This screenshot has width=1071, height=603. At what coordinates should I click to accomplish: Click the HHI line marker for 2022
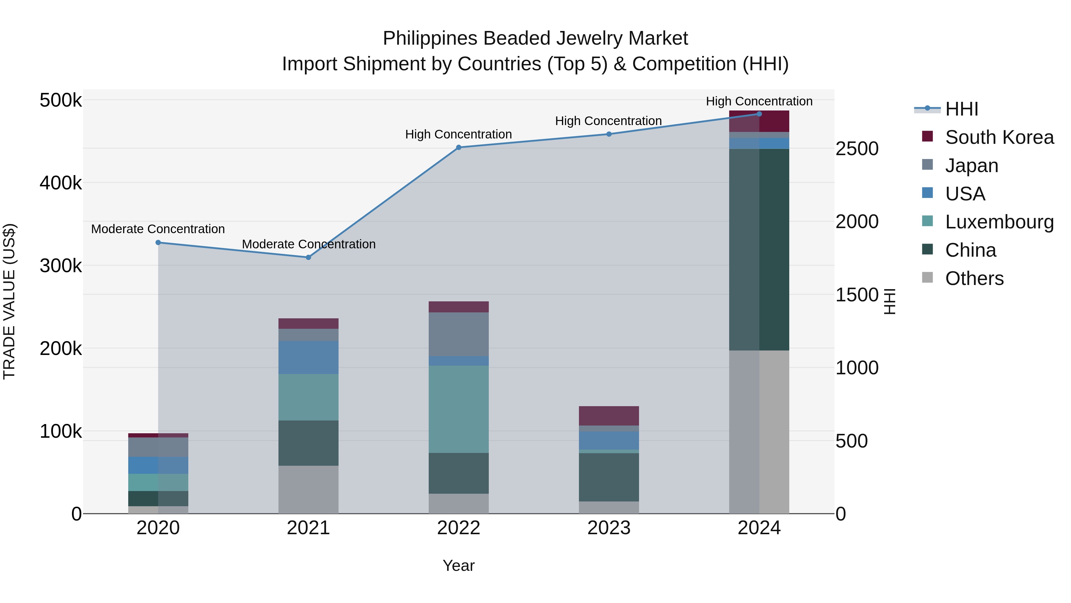click(x=458, y=147)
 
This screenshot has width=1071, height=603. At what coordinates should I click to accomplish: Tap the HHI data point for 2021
click(x=309, y=257)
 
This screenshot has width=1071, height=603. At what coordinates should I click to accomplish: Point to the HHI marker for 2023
click(x=609, y=134)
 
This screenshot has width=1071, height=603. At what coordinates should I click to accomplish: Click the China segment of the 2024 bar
click(x=759, y=250)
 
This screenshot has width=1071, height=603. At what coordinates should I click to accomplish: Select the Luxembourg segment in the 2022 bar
click(x=458, y=409)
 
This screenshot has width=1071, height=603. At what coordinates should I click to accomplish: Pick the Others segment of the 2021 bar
click(x=309, y=489)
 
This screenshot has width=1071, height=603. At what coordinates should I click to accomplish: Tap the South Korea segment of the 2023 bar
click(x=609, y=416)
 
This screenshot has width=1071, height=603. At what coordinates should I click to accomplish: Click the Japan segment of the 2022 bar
click(x=458, y=334)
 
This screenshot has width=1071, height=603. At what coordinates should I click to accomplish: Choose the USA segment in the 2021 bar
click(x=309, y=357)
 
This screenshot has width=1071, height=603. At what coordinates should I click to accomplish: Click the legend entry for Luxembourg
click(x=999, y=222)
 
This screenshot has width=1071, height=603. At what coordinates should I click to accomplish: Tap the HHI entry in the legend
click(x=962, y=109)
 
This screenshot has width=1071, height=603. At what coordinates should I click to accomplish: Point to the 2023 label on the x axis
click(x=609, y=528)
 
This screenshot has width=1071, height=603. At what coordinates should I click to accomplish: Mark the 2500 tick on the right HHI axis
click(x=857, y=149)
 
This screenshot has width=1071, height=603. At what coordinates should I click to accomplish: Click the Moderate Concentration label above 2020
click(x=158, y=229)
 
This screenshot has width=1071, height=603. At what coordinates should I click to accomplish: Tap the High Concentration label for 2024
click(x=759, y=101)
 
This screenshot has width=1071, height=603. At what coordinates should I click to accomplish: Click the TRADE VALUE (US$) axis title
click(x=9, y=301)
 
